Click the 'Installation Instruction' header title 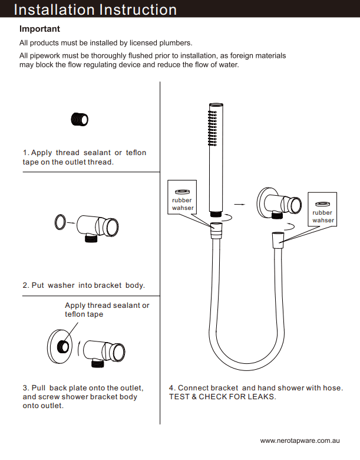[95, 9]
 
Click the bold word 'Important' [39, 29]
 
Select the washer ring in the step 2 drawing [60, 222]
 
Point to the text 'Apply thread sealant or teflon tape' [107, 310]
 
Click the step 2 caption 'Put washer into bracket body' [84, 285]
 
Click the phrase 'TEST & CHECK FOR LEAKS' [222, 396]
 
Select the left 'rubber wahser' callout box [182, 197]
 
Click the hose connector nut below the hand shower [217, 229]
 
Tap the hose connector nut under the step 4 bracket [277, 239]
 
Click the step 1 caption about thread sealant [84, 157]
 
